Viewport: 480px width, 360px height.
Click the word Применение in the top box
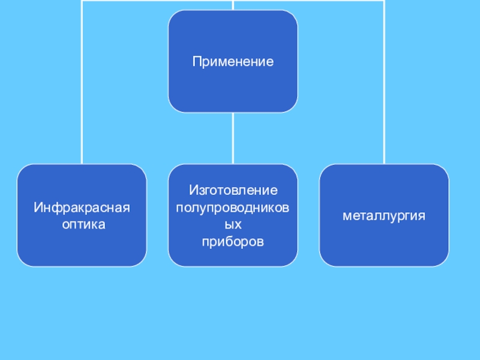click(x=233, y=61)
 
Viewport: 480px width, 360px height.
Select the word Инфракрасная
click(x=82, y=208)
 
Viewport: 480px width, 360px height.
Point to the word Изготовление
click(x=233, y=191)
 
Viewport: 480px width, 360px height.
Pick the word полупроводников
click(x=233, y=208)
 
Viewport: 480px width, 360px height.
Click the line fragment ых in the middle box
click(x=233, y=224)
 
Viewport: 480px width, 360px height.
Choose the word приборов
click(x=233, y=241)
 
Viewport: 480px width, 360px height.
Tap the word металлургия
click(x=384, y=215)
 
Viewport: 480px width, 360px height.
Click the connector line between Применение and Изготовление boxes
click(x=233, y=138)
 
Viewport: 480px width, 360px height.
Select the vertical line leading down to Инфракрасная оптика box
click(x=82, y=84)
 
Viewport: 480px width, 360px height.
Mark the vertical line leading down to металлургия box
click(x=384, y=84)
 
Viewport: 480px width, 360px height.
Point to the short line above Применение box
click(x=233, y=5)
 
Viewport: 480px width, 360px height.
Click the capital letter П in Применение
click(x=196, y=61)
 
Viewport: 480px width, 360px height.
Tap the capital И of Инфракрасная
click(x=37, y=208)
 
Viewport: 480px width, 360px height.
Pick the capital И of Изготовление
click(x=193, y=191)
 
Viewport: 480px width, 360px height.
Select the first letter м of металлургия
click(x=346, y=215)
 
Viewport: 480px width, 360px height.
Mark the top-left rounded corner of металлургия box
click(x=324, y=169)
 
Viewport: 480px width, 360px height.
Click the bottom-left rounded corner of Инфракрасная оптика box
click(x=22, y=262)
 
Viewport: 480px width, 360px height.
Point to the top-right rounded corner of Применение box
click(x=293, y=15)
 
